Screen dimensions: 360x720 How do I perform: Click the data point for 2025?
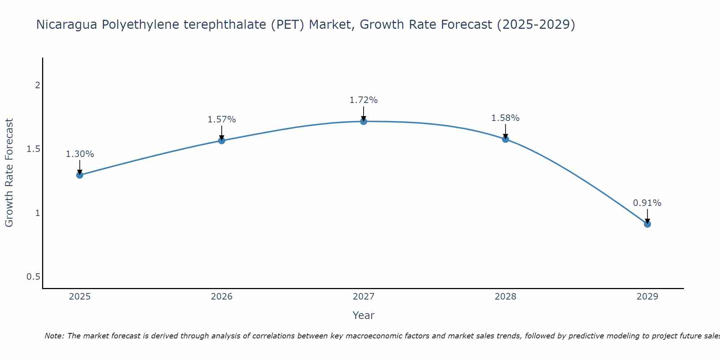click(x=80, y=175)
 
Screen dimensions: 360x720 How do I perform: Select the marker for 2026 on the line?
click(x=222, y=140)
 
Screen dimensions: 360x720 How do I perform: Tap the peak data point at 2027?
click(x=364, y=121)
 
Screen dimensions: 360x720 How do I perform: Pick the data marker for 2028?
click(x=505, y=139)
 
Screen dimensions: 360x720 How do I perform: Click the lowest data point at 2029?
click(x=647, y=224)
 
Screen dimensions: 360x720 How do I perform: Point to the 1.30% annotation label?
click(x=80, y=154)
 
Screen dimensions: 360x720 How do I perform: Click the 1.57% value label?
click(x=222, y=120)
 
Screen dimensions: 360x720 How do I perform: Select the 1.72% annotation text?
click(x=364, y=100)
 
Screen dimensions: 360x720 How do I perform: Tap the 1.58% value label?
click(x=505, y=118)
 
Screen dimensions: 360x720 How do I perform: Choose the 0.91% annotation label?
click(x=647, y=203)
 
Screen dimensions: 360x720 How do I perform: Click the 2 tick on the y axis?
click(x=37, y=85)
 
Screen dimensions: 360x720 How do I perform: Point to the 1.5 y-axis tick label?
click(x=33, y=149)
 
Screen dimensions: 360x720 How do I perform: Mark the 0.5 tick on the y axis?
click(x=33, y=277)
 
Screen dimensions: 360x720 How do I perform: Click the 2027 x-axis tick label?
click(x=364, y=297)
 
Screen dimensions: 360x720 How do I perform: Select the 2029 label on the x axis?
click(x=647, y=297)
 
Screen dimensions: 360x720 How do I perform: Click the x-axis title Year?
click(x=364, y=315)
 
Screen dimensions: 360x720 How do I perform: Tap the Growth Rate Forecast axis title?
click(x=9, y=173)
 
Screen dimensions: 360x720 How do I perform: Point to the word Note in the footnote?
click(x=54, y=336)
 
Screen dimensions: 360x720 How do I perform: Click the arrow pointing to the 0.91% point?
click(x=647, y=215)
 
